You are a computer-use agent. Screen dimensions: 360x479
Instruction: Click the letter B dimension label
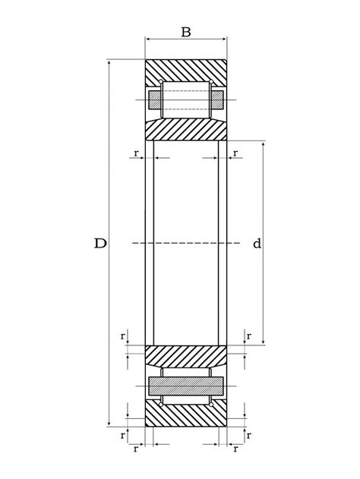tap(186, 32)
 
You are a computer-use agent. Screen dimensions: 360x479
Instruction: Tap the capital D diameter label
tap(100, 244)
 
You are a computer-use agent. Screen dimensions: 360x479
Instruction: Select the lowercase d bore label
tap(257, 244)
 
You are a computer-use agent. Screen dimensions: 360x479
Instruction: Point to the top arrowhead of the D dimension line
tap(109, 62)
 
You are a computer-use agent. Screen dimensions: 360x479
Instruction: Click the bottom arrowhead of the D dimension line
tap(109, 424)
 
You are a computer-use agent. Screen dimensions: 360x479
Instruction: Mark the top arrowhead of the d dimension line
tap(263, 144)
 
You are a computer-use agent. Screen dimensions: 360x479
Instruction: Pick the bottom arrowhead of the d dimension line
tap(263, 342)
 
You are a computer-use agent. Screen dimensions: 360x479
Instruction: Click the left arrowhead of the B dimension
tap(148, 39)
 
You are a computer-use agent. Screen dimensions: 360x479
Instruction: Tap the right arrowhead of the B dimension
tap(224, 39)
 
